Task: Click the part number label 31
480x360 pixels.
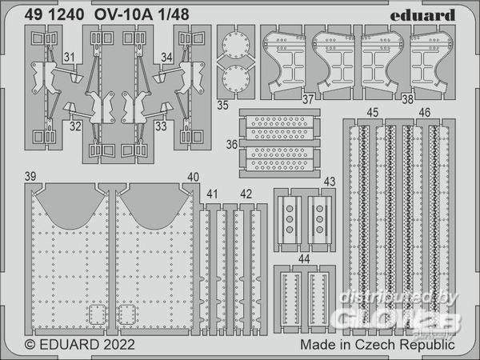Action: coord(70,57)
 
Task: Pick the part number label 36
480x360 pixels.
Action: coord(231,145)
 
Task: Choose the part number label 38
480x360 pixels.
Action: coord(430,101)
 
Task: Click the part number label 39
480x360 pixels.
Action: coord(30,176)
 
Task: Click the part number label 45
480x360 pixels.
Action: coord(372,112)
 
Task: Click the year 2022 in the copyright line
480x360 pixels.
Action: coord(118,346)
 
